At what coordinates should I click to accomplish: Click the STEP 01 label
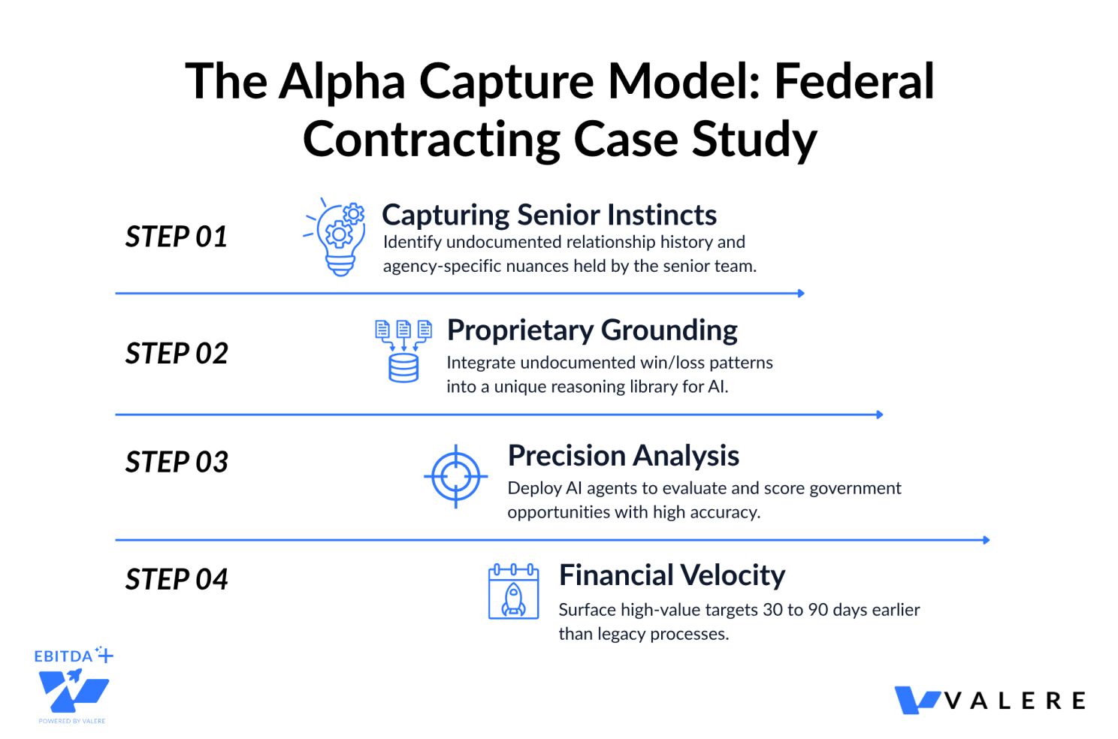pyautogui.click(x=177, y=236)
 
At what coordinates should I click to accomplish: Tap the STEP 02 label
pyautogui.click(x=177, y=353)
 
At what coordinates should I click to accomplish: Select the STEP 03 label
pyautogui.click(x=177, y=462)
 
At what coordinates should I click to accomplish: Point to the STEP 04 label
pyautogui.click(x=177, y=579)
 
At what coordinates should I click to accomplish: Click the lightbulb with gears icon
pyautogui.click(x=335, y=237)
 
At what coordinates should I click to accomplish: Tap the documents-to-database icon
pyautogui.click(x=403, y=351)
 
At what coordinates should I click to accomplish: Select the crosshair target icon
pyautogui.click(x=455, y=477)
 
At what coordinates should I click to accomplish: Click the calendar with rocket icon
pyautogui.click(x=514, y=591)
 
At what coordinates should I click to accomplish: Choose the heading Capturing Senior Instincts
pyautogui.click(x=549, y=215)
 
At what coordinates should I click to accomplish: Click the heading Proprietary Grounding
pyautogui.click(x=592, y=330)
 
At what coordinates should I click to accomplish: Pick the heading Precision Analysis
pyautogui.click(x=624, y=456)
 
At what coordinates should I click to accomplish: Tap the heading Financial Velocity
pyautogui.click(x=672, y=575)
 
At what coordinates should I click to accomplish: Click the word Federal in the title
pyautogui.click(x=854, y=81)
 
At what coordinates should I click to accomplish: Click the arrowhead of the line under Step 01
pyautogui.click(x=801, y=294)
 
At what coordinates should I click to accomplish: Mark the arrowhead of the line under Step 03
pyautogui.click(x=987, y=540)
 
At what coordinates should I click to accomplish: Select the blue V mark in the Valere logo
pyautogui.click(x=917, y=700)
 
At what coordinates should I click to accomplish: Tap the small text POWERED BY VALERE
pyautogui.click(x=72, y=721)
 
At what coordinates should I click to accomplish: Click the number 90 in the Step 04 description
pyautogui.click(x=817, y=610)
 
